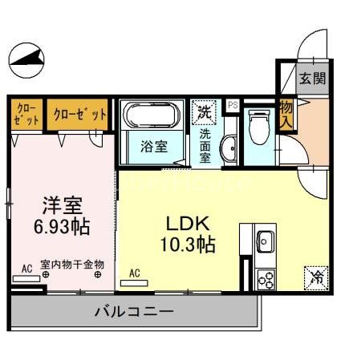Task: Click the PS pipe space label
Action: pos(233,105)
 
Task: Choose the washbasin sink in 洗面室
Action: pos(229,148)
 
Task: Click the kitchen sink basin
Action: pos(266,240)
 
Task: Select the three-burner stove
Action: pos(266,278)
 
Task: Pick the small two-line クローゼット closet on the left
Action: pos(26,114)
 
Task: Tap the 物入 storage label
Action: pos(286,114)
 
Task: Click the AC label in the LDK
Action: pos(134,273)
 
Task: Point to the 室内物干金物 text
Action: pos(71,264)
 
